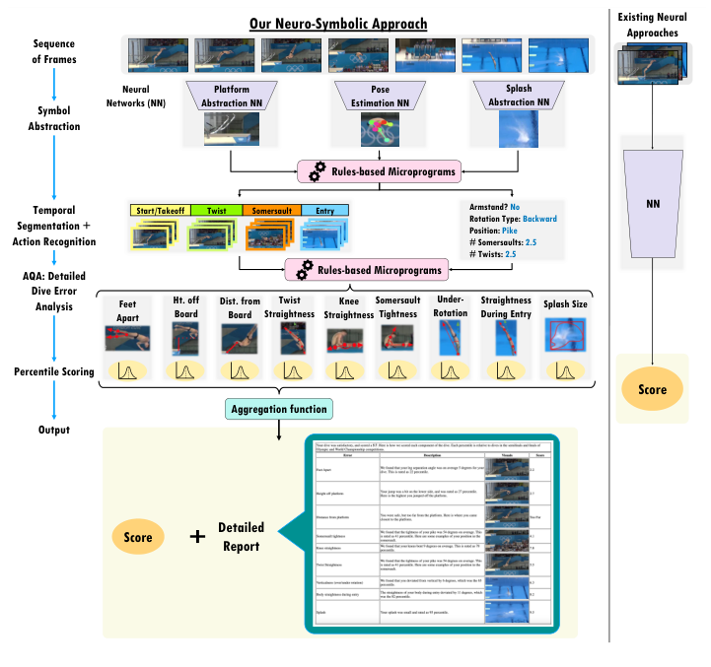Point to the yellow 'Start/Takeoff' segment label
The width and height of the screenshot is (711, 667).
(x=159, y=210)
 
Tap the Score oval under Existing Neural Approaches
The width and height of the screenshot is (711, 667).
(x=650, y=389)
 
